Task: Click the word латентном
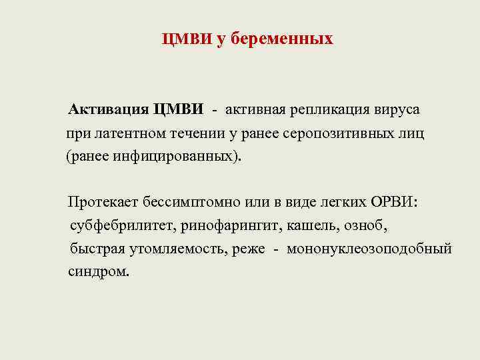(125, 133)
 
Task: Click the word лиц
(412, 133)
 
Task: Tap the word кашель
(313, 226)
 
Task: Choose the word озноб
(366, 226)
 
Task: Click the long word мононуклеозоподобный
(370, 249)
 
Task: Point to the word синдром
(98, 273)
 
